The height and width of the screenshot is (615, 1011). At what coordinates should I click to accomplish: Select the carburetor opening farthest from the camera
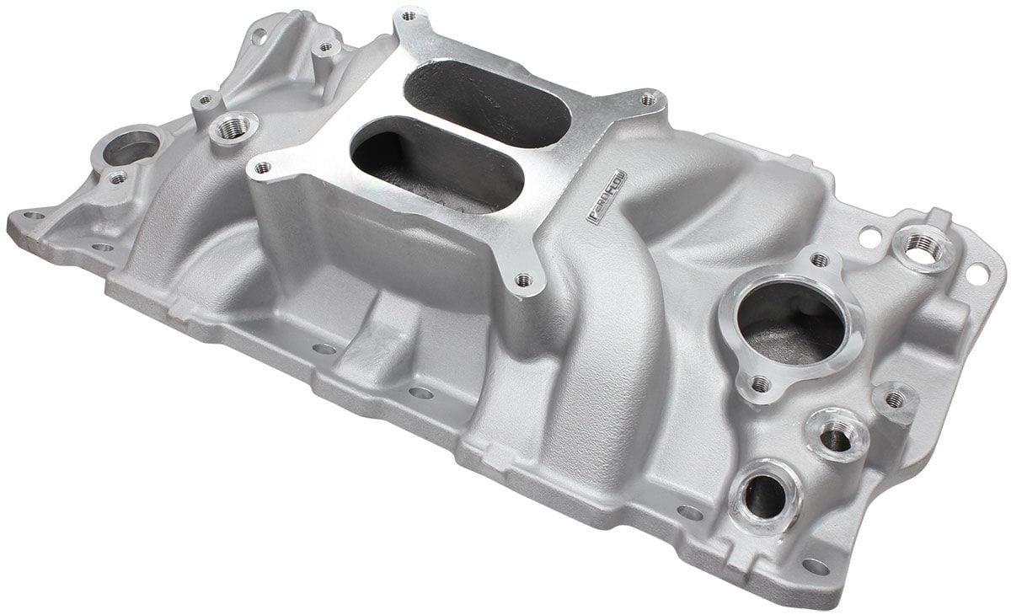(486, 104)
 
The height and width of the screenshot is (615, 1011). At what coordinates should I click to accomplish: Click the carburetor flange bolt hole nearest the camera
(524, 278)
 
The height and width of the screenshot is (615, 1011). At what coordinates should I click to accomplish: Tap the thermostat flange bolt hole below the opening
(760, 384)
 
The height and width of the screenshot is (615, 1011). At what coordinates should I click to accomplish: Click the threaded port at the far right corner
(924, 246)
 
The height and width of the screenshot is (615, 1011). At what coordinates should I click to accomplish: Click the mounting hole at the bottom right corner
(814, 566)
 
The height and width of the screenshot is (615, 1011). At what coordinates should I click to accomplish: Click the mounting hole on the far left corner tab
(33, 216)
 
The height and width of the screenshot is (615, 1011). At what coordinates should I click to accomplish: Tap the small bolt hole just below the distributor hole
(118, 178)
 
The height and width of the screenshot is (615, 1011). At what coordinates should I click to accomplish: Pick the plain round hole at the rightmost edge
(977, 273)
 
